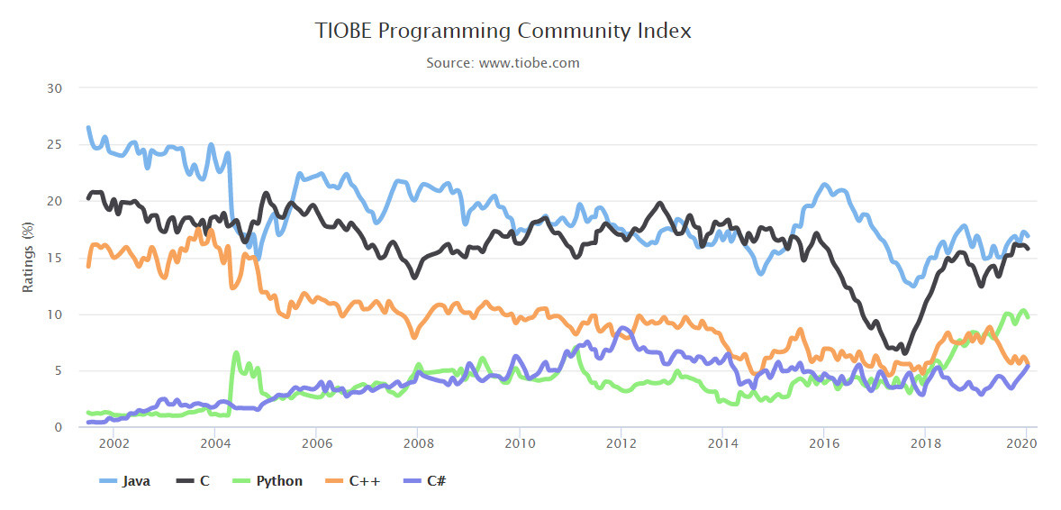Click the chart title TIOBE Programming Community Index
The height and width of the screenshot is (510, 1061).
click(503, 31)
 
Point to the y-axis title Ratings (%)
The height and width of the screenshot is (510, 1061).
click(28, 258)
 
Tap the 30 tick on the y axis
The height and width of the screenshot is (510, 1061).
click(56, 88)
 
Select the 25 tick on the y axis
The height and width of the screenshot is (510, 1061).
click(56, 145)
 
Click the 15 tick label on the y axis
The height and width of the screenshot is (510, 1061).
click(56, 259)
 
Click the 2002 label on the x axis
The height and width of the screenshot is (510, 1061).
click(113, 443)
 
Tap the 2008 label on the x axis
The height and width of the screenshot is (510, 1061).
click(416, 443)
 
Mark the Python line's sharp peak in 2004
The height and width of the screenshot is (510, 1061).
click(236, 353)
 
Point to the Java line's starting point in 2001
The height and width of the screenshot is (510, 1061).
click(87, 127)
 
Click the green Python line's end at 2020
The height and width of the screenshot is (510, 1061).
click(1028, 316)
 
